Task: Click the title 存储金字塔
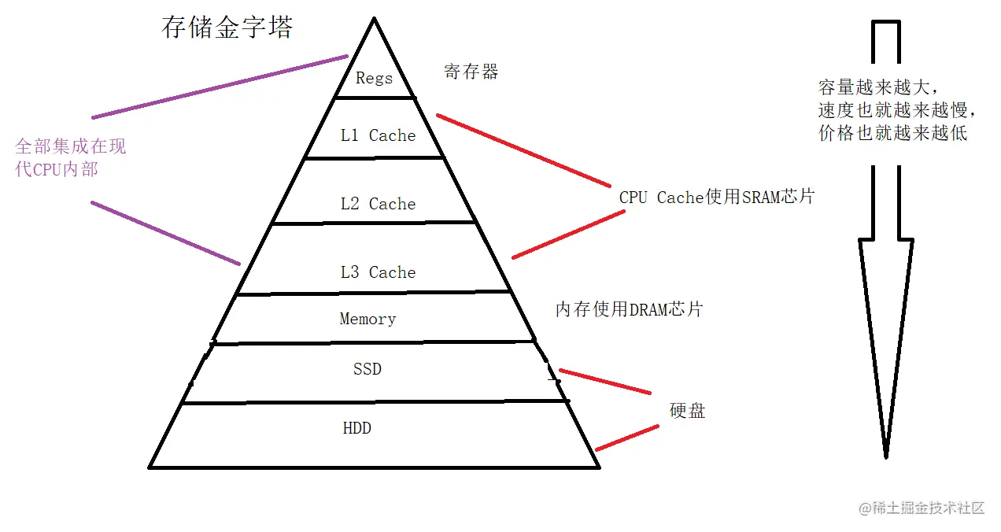pyautogui.click(x=227, y=28)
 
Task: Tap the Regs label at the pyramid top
pyautogui.click(x=374, y=78)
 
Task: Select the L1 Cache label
pyautogui.click(x=378, y=135)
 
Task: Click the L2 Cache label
pyautogui.click(x=378, y=204)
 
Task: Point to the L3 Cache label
pyautogui.click(x=378, y=272)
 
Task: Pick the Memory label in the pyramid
pyautogui.click(x=368, y=319)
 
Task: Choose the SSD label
pyautogui.click(x=368, y=368)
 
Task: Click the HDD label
pyautogui.click(x=356, y=429)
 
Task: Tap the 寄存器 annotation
pyautogui.click(x=471, y=72)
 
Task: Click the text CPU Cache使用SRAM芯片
pyautogui.click(x=716, y=197)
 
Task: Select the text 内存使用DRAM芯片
pyautogui.click(x=628, y=309)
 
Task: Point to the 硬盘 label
pyautogui.click(x=687, y=410)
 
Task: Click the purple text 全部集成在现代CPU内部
pyautogui.click(x=70, y=157)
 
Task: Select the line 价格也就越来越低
pyautogui.click(x=893, y=133)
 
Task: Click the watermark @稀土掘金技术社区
pyautogui.click(x=922, y=508)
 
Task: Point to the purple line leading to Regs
pyautogui.click(x=220, y=87)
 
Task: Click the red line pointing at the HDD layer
pyautogui.click(x=627, y=438)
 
